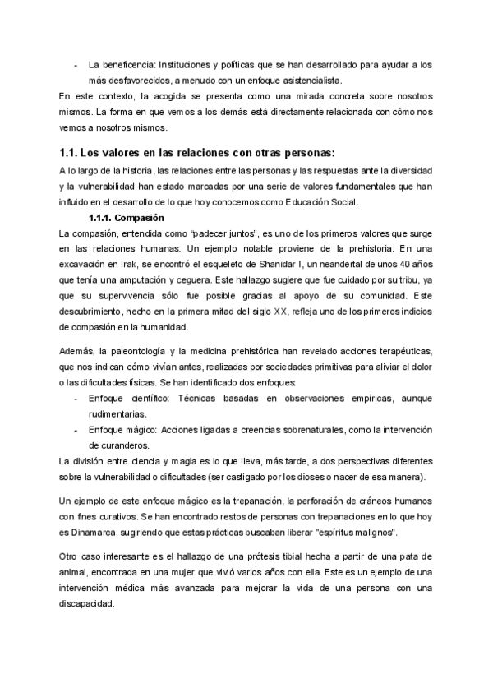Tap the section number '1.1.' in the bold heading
point(69,152)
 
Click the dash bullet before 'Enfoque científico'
point(76,399)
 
